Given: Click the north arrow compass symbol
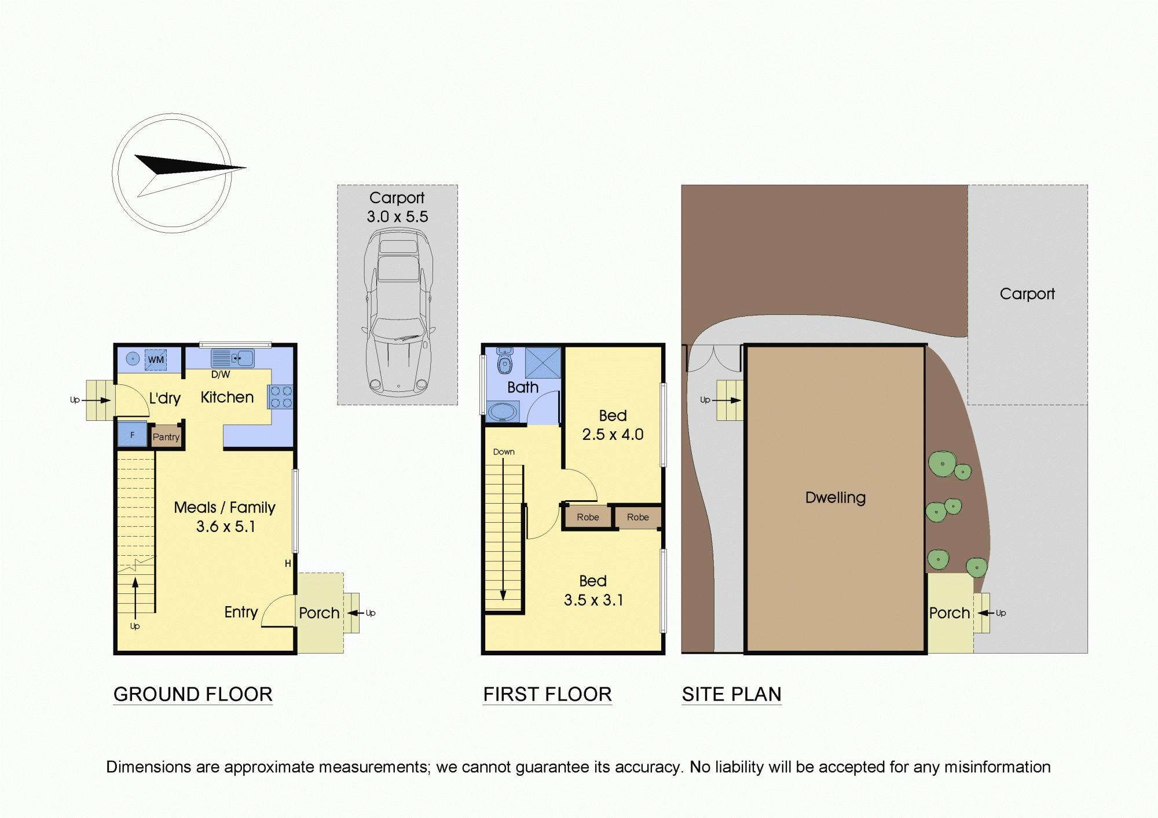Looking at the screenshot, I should coord(173,173).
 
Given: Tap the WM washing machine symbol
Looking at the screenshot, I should coord(155,360).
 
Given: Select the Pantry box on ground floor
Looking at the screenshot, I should coord(166,437).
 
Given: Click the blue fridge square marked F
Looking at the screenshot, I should coord(132,435).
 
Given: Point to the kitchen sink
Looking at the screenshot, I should coord(232,358).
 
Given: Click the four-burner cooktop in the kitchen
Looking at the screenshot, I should coord(281,397).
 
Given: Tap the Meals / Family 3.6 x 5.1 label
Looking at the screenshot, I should coord(225,516).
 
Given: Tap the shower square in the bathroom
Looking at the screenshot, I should coord(543,363).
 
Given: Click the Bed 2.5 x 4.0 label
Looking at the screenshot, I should coord(613,425).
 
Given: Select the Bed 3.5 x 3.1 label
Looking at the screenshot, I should coord(593,590).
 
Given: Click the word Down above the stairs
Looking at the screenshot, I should coord(504,452).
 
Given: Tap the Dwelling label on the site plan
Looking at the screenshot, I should coord(835,497).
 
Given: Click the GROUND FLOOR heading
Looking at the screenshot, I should coord(193,694).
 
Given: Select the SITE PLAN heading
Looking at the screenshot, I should coord(731,694).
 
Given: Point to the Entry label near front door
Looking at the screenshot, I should coord(241,612).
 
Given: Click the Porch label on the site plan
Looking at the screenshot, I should coord(949,613).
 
